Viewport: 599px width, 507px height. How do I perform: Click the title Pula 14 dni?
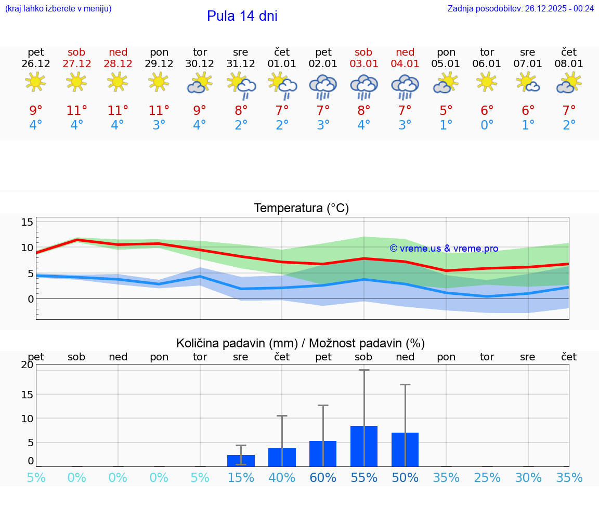pos(242,16)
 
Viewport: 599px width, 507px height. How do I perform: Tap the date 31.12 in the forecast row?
pos(241,64)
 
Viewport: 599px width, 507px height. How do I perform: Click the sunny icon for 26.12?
pos(35,82)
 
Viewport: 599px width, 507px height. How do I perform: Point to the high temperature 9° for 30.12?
pos(200,111)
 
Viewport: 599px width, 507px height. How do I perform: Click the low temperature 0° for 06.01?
pos(487,125)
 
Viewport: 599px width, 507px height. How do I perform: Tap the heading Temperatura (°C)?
pos(301,209)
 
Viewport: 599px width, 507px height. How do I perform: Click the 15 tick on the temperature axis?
pos(27,223)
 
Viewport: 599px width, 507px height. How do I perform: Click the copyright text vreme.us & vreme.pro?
pos(444,249)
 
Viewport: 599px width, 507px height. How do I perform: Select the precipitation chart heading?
pos(301,343)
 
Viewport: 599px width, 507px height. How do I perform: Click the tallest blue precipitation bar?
pos(364,446)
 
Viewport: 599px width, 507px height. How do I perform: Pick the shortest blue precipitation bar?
pos(241,461)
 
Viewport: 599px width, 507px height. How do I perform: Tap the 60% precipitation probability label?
pos(323,478)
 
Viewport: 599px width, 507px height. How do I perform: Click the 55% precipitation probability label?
pos(364,478)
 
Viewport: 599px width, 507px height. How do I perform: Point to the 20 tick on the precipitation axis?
pos(27,365)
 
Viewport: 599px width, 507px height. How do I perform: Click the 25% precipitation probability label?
pos(487,478)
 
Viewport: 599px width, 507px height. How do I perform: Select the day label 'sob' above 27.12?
pos(76,52)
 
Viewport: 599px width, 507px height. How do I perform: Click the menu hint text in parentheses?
pos(58,8)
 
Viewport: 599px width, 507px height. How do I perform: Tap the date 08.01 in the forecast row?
pos(569,64)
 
